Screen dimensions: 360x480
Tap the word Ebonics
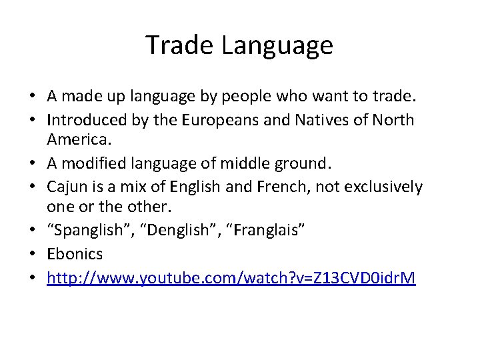(75, 253)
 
